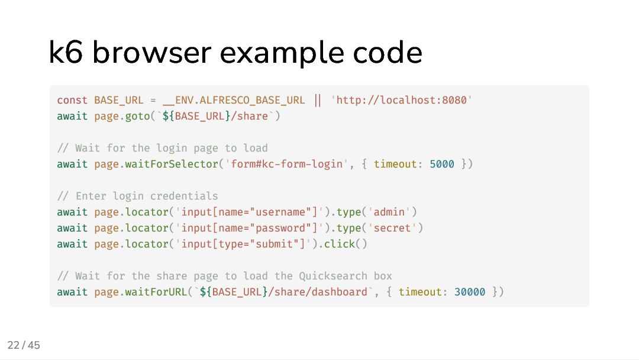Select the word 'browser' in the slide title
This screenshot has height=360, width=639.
(152, 53)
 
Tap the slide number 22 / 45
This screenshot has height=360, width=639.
(24, 345)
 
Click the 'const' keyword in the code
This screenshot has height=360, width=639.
(72, 100)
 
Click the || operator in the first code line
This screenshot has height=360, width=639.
(318, 100)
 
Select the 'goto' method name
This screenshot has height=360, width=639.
(137, 116)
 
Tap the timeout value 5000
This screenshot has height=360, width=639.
(442, 164)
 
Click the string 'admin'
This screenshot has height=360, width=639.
(389, 212)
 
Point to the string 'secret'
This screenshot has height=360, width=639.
(392, 228)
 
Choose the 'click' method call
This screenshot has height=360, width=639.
(340, 244)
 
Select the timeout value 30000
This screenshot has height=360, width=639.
(470, 292)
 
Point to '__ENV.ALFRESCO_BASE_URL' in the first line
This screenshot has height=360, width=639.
(234, 100)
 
